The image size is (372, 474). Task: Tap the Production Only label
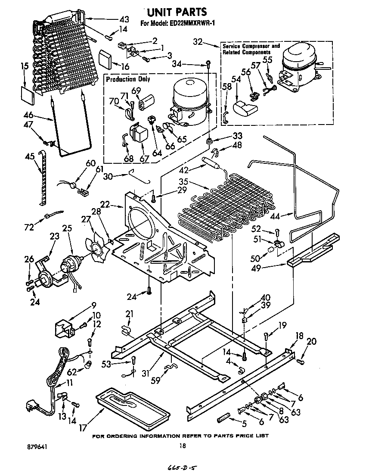pyautogui.click(x=128, y=79)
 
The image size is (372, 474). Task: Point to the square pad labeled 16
pyautogui.click(x=105, y=58)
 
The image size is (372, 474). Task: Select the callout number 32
pyautogui.click(x=198, y=42)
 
